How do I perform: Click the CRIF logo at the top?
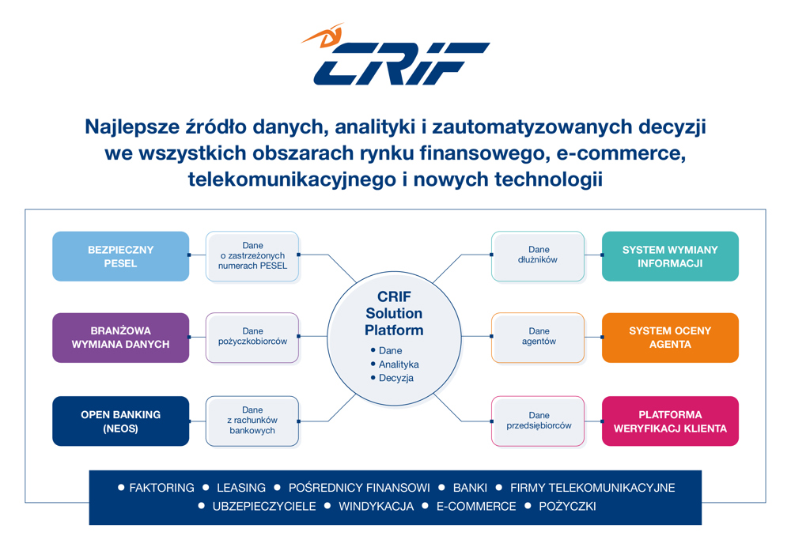(395, 55)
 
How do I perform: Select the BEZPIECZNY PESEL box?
(120, 256)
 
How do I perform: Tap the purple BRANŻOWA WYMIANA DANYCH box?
(120, 338)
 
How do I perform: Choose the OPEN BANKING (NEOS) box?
(120, 421)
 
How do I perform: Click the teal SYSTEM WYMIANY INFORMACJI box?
(670, 256)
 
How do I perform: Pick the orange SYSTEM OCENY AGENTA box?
(670, 338)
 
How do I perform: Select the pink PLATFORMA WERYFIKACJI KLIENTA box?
(670, 421)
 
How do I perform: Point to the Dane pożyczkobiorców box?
(252, 338)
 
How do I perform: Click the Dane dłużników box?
(538, 256)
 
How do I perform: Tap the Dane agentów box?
(538, 338)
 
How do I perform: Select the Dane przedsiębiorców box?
(538, 421)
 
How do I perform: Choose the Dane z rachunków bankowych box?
(252, 421)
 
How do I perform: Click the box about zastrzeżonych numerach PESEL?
(252, 256)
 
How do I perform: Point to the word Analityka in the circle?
(399, 364)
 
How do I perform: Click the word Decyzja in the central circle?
(396, 378)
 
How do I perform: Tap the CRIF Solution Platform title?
(394, 313)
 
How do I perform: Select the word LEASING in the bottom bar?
(241, 488)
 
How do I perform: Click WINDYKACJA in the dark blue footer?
(376, 506)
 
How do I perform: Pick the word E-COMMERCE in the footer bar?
(476, 506)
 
